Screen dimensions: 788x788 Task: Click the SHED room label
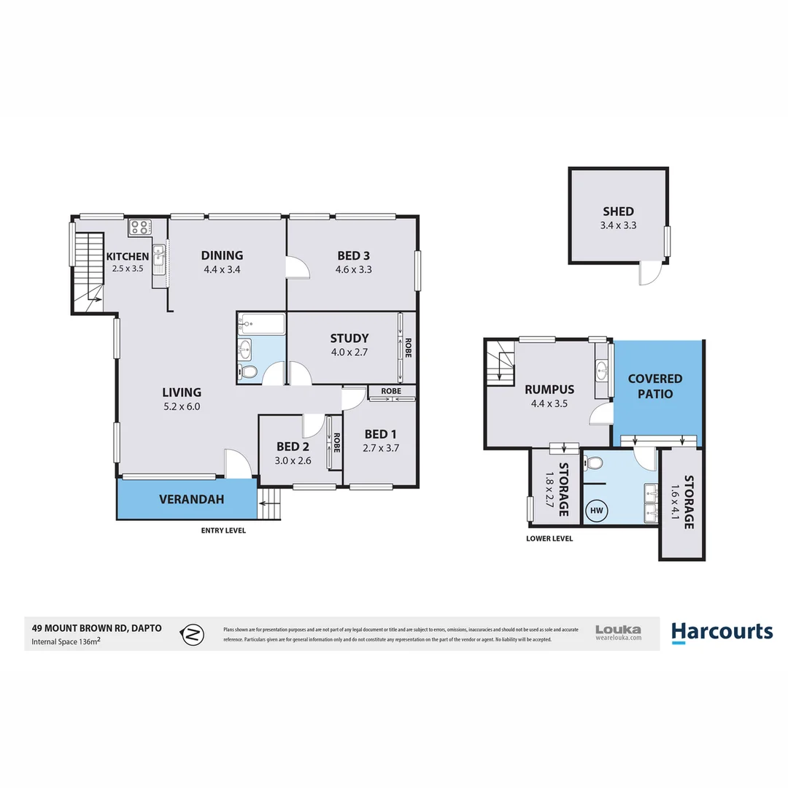(x=618, y=212)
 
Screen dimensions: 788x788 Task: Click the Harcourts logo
(x=722, y=632)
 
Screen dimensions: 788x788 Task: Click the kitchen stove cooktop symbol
(x=139, y=228)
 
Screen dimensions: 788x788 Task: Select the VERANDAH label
(x=191, y=500)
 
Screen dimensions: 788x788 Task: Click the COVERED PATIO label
(x=655, y=386)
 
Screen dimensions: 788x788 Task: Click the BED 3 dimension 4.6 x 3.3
(x=354, y=269)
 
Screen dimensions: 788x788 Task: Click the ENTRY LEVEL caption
(x=223, y=530)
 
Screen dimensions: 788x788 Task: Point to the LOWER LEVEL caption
(x=549, y=538)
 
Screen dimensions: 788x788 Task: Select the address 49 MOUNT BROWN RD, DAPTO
(x=96, y=627)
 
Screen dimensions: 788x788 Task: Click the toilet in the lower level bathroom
(x=593, y=463)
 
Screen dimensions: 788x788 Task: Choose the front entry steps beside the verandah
(x=269, y=503)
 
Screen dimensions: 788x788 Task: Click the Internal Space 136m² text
(x=66, y=642)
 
